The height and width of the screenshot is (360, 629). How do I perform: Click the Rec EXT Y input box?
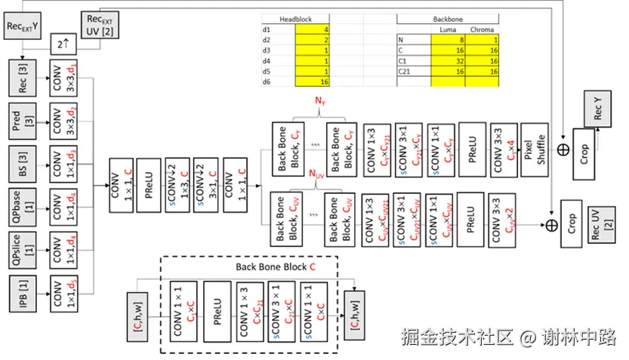23,26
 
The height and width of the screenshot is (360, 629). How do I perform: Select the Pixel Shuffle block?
534,149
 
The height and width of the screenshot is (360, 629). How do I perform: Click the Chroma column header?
483,29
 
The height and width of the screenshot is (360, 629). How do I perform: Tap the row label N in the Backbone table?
401,39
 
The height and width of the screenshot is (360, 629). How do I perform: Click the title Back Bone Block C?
275,267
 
